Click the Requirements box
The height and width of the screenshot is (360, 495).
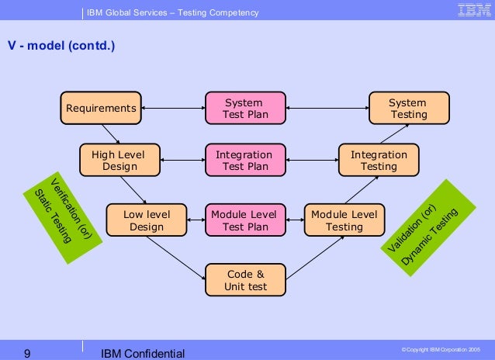(101, 108)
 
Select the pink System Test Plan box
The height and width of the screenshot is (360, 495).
(244, 108)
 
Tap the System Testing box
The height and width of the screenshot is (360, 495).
(408, 108)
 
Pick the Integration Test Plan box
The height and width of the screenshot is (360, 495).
(244, 160)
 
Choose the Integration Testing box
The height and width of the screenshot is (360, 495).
(379, 160)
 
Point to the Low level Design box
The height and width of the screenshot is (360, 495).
(147, 220)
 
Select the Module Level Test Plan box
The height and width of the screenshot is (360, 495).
(244, 220)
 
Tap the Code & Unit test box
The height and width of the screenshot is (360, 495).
(244, 279)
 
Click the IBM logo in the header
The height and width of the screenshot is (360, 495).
(472, 11)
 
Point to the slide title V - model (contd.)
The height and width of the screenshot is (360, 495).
(61, 46)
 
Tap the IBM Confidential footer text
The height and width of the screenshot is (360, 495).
(143, 354)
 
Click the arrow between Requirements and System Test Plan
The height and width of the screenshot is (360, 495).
(173, 108)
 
